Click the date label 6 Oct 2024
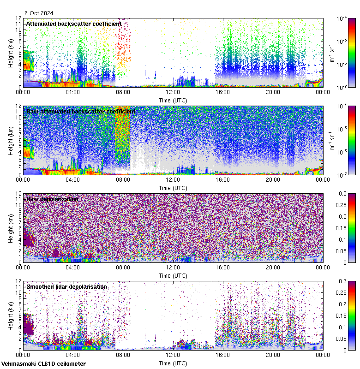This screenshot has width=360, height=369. point(40,13)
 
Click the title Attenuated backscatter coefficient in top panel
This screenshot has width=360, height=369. point(74,24)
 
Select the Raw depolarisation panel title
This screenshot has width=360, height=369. point(52,199)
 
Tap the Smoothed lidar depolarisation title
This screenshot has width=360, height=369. point(67,286)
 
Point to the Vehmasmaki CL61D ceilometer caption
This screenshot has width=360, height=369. point(43,364)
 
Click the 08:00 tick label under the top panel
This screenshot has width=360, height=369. point(123,92)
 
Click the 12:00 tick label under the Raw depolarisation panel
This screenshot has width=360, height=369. point(173,267)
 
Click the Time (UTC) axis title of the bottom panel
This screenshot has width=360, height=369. point(173,363)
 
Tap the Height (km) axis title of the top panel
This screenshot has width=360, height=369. point(11,53)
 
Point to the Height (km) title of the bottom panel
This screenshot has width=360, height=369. point(11,315)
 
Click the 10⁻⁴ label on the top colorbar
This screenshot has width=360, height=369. point(342,18)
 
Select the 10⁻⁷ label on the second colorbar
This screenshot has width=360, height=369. point(342,175)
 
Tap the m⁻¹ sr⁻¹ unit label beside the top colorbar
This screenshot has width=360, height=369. point(331,53)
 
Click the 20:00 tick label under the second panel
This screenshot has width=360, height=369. point(273,179)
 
